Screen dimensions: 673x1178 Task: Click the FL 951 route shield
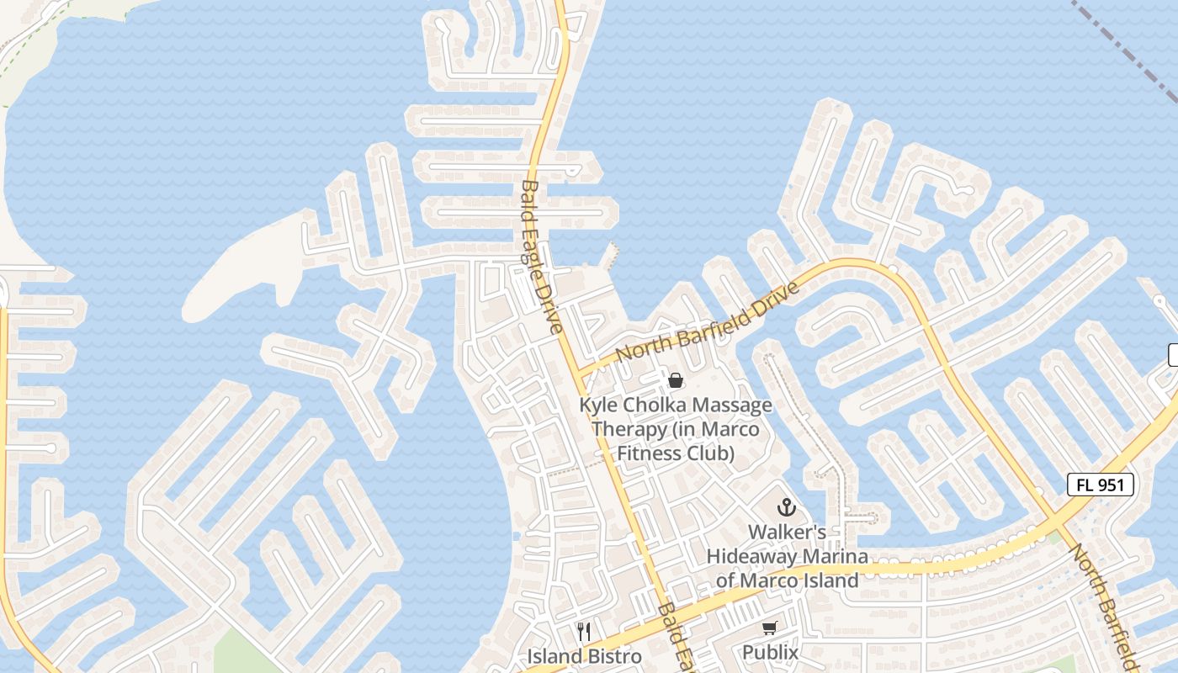1101,485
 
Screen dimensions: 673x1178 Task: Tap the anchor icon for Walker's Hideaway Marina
786,507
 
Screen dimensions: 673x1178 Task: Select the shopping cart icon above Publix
769,628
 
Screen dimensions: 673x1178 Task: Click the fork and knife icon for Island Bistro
584,631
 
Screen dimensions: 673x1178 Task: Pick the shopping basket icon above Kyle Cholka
675,380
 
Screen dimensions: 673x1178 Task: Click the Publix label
770,652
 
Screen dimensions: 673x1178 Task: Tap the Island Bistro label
584,656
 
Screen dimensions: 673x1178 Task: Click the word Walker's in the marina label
787,533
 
